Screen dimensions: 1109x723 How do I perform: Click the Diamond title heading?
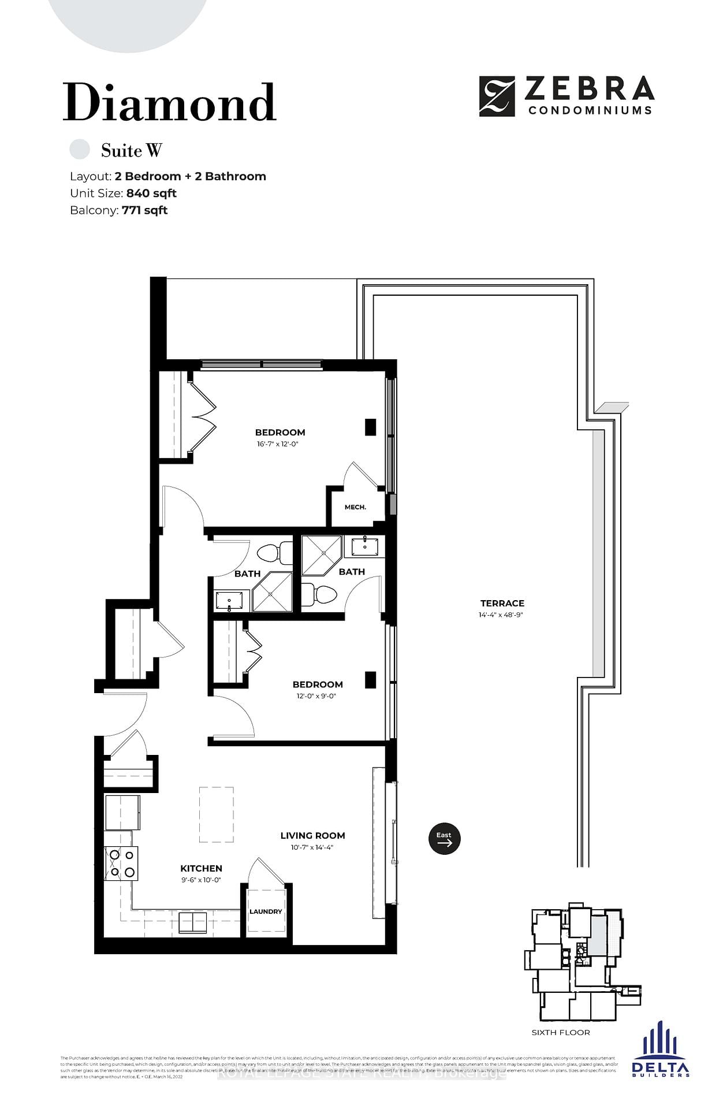tap(169, 103)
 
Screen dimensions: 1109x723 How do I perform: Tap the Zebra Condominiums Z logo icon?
tap(497, 96)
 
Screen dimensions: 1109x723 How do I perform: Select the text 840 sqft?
tap(151, 193)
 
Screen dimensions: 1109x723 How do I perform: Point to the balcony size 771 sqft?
tap(144, 210)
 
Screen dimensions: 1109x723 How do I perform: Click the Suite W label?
tap(131, 151)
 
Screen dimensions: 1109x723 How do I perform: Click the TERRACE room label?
tap(502, 603)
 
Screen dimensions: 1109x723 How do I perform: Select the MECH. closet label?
tap(355, 507)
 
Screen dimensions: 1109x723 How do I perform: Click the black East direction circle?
tap(444, 839)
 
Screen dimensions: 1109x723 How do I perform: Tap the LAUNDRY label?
tap(266, 911)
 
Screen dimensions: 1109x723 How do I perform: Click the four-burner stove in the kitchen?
tap(122, 863)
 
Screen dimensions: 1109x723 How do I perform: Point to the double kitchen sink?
tap(192, 922)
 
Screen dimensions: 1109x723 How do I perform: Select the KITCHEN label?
tap(201, 868)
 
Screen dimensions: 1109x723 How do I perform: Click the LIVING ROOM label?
tap(312, 835)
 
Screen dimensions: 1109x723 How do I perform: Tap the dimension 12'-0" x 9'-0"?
tap(316, 696)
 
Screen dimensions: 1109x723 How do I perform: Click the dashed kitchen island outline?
tap(217, 814)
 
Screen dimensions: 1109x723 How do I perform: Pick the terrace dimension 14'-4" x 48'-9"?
tap(501, 615)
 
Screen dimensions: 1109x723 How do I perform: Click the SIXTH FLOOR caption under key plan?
tap(561, 1032)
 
